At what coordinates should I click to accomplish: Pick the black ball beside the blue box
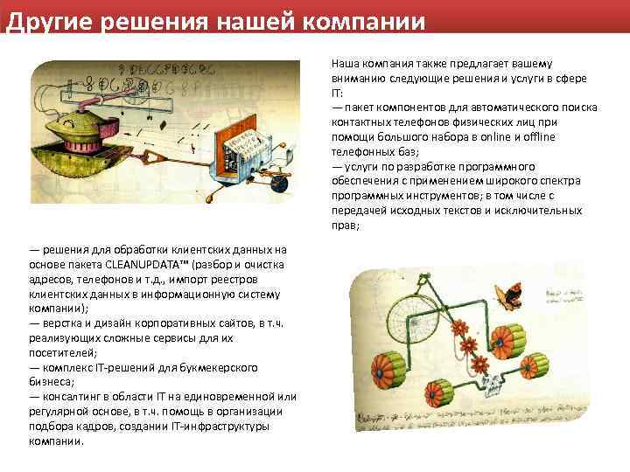tap(278, 182)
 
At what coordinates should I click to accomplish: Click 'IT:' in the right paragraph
tap(338, 93)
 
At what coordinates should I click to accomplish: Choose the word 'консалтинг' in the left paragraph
tap(70, 397)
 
